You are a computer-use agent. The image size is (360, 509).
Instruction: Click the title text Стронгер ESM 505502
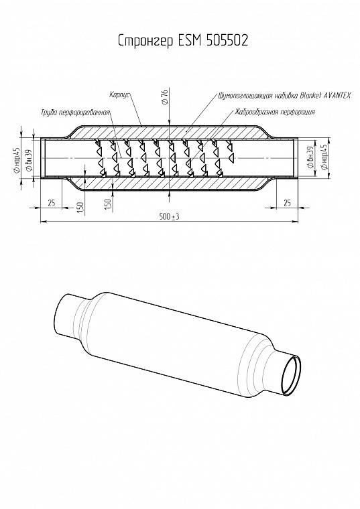183,41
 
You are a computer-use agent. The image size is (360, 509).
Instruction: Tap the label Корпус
120,95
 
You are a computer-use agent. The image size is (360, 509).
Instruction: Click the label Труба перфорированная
75,113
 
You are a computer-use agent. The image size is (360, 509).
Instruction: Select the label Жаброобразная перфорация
275,112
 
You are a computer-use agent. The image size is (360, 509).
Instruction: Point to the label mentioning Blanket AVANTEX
285,95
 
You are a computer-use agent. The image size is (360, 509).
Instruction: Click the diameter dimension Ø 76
165,97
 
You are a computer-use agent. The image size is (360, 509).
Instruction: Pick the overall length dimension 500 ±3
170,216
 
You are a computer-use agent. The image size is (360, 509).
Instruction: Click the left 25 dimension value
52,203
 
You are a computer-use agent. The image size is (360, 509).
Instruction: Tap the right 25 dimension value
287,203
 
